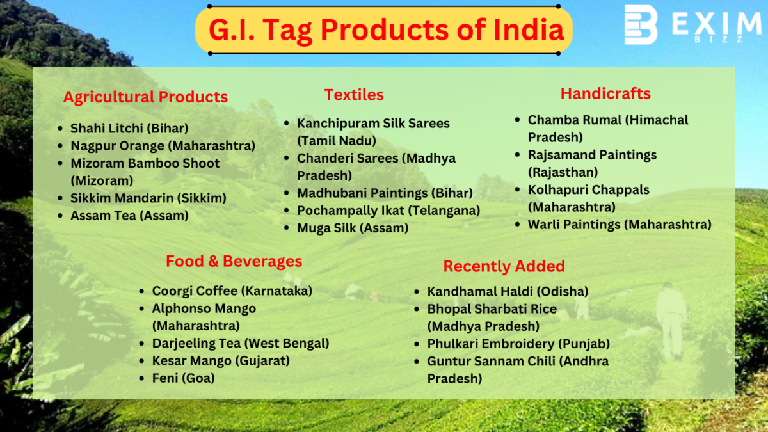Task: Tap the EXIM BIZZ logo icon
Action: pos(641,25)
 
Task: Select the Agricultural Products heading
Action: pos(145,97)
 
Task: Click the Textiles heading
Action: pos(354,95)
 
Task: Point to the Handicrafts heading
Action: pos(605,93)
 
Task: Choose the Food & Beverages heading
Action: pos(234,261)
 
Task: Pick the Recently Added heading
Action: pos(504,266)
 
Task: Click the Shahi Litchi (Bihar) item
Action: pos(129,128)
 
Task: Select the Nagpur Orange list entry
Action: pos(163,145)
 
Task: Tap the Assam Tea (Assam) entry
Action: pos(129,216)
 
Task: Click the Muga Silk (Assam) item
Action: pos(353,227)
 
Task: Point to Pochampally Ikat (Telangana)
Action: pos(388,210)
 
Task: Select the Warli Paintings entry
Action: pos(619,225)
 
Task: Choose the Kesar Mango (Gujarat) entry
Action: pos(221,361)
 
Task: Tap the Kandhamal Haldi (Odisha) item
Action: pos(508,291)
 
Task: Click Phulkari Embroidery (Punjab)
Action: pos(518,344)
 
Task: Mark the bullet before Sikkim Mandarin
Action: pos(60,198)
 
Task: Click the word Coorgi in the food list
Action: pos(172,291)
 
